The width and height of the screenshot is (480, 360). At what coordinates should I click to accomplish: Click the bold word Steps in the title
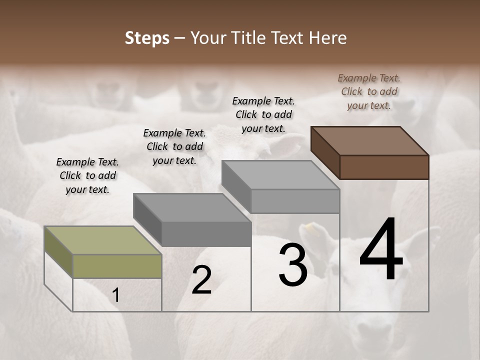(147, 38)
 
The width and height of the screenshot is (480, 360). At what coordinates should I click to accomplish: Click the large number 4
(381, 251)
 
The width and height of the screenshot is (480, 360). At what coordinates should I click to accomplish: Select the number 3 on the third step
(293, 265)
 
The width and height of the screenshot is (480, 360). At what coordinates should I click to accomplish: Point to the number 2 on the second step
(201, 280)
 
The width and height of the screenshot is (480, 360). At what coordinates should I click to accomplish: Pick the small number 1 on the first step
(115, 295)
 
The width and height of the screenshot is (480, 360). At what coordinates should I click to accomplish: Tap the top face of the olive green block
(103, 240)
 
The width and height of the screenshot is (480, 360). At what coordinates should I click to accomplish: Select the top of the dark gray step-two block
(192, 207)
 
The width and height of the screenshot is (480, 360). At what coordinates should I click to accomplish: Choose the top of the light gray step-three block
(280, 175)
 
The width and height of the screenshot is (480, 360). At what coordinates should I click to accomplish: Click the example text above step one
(87, 175)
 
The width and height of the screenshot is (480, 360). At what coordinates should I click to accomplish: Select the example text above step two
(174, 146)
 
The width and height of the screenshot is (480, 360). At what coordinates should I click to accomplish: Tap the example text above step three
(263, 114)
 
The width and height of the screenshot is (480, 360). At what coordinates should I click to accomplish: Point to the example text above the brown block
(369, 91)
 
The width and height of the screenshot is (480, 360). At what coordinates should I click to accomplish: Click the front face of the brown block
(384, 167)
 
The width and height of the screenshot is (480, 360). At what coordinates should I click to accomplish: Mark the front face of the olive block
(117, 266)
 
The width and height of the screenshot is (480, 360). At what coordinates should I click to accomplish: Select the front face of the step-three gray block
(295, 201)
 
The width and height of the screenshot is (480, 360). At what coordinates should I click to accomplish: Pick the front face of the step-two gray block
(206, 233)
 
